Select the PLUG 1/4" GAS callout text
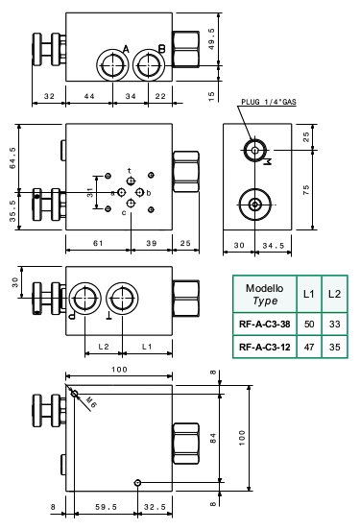click(x=269, y=102)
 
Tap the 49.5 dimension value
click(x=211, y=39)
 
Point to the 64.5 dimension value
click(x=12, y=157)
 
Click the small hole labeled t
click(x=131, y=181)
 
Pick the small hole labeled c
click(x=131, y=204)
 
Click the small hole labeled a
click(x=121, y=192)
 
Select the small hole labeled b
click(x=140, y=192)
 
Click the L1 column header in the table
click(x=309, y=294)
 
